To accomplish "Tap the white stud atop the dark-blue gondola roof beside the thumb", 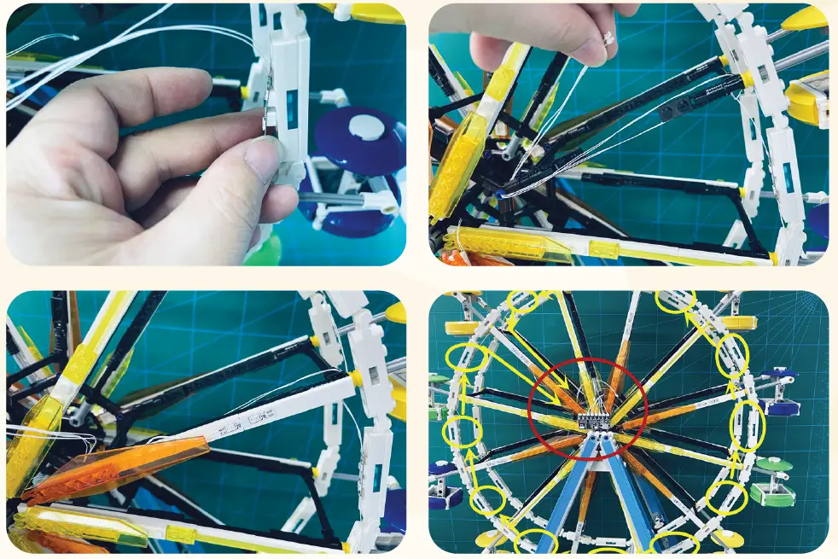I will click(x=368, y=127).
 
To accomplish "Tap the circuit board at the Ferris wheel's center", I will click(x=593, y=420).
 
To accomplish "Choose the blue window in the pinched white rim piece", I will click(x=292, y=107).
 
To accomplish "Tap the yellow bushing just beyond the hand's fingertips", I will click(x=244, y=92).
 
